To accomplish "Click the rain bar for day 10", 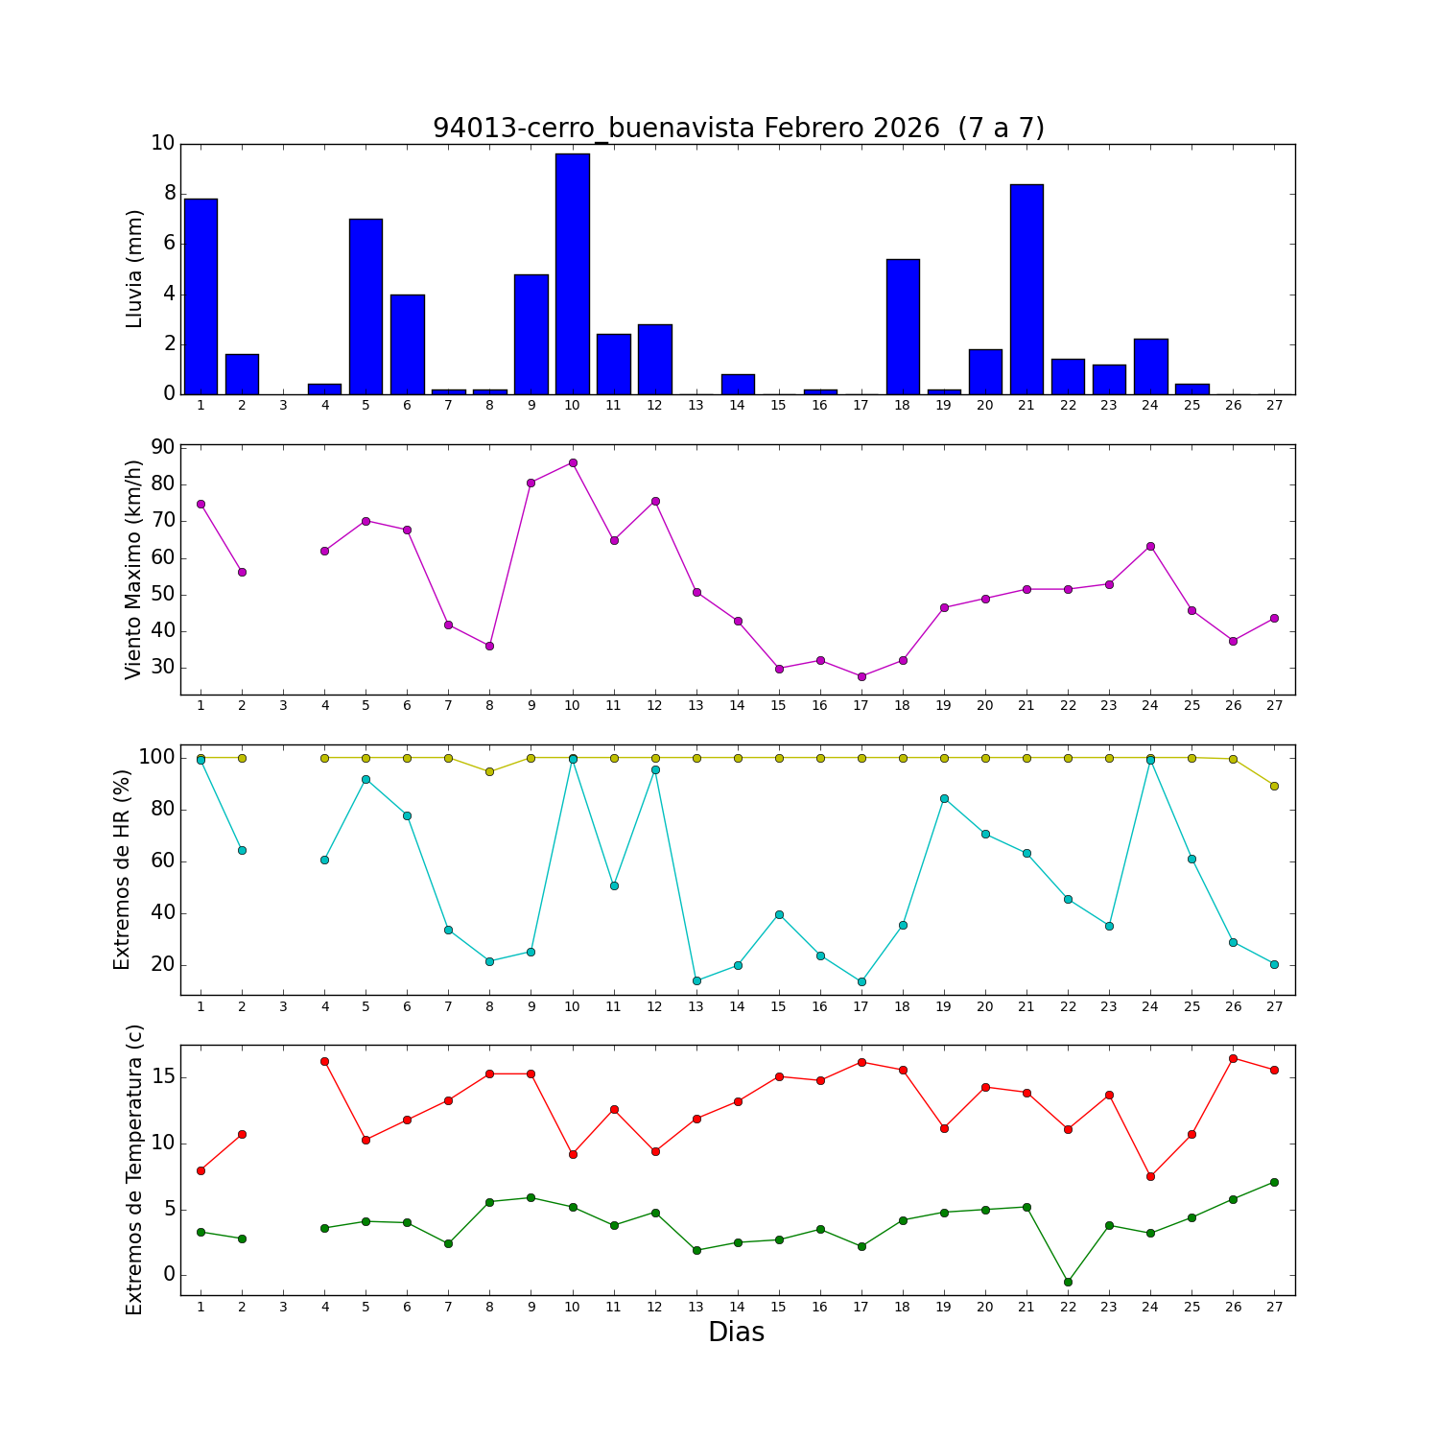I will click(572, 273).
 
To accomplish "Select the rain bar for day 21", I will click(1026, 289).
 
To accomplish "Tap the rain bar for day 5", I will click(366, 306).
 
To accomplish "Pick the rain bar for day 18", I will click(903, 326).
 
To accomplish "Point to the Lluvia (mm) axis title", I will click(134, 269).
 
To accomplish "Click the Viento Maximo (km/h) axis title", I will click(134, 569).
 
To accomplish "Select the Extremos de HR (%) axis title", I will click(122, 869).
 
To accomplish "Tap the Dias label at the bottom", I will click(736, 1333).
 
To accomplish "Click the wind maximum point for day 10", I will click(573, 462).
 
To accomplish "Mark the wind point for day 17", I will click(861, 676).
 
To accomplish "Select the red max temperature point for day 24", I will click(1150, 1176).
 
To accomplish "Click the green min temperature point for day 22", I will click(1068, 1282).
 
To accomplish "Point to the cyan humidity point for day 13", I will click(696, 980).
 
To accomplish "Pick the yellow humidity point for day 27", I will click(1274, 786).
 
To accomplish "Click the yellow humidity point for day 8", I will click(489, 771).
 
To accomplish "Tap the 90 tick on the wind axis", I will click(162, 447).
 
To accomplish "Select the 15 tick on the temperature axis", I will click(162, 1076).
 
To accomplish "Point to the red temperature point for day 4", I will click(324, 1061).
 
